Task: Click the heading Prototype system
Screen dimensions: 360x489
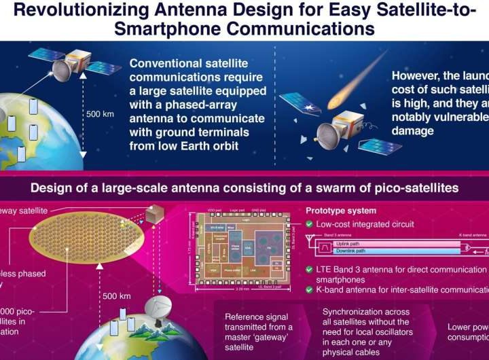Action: pyautogui.click(x=340, y=211)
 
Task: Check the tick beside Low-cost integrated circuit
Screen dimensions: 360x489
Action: pyautogui.click(x=310, y=223)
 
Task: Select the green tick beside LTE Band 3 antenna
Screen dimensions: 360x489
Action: pyautogui.click(x=310, y=270)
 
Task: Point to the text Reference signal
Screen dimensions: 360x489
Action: pyautogui.click(x=256, y=317)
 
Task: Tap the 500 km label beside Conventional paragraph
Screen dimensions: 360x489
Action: pyautogui.click(x=99, y=114)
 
